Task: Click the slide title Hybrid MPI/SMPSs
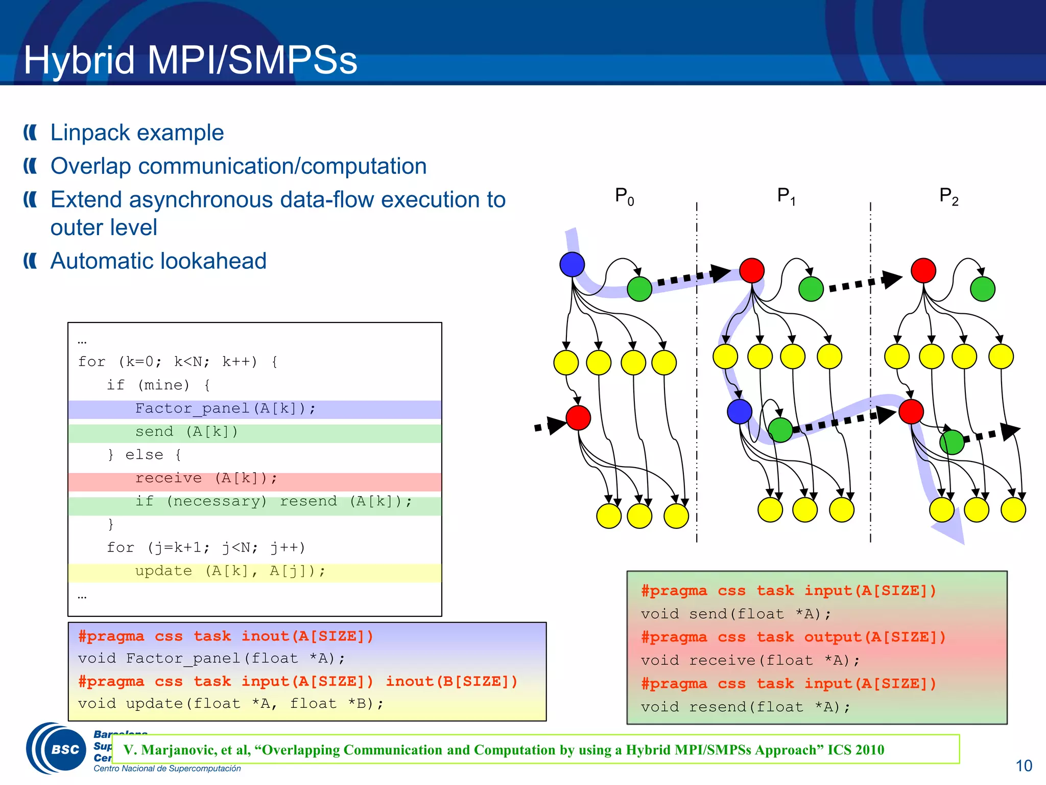click(x=190, y=60)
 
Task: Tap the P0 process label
click(x=624, y=196)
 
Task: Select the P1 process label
click(x=786, y=196)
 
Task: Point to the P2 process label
click(x=948, y=196)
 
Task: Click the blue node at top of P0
click(x=572, y=264)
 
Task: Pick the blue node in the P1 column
click(x=739, y=411)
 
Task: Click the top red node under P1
click(x=752, y=270)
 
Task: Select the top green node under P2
click(x=982, y=289)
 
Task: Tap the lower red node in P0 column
click(x=578, y=418)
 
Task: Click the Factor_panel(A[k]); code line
click(x=225, y=409)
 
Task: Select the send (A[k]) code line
click(x=186, y=432)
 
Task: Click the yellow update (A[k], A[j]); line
click(x=230, y=571)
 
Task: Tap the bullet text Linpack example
click(x=137, y=133)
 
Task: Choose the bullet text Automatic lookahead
click(x=158, y=261)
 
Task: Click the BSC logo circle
click(x=65, y=749)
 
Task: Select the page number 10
click(x=1023, y=766)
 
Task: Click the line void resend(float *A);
click(x=746, y=707)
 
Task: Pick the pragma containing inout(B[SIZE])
click(x=298, y=682)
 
